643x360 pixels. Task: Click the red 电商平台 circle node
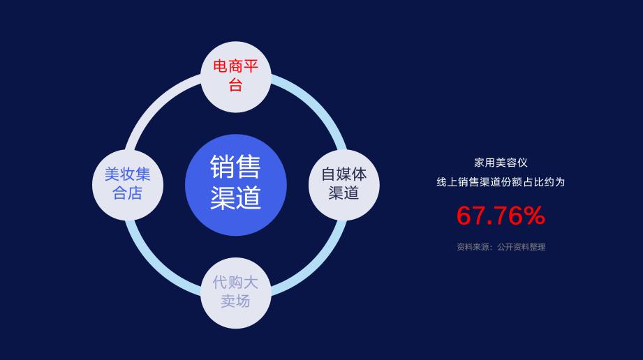tap(235, 77)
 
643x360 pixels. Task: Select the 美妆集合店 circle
tap(128, 183)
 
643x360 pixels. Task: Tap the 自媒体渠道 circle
tap(344, 183)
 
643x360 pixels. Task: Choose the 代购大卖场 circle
tap(235, 292)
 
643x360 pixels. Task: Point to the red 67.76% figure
tap(500, 216)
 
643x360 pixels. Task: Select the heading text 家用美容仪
tap(500, 163)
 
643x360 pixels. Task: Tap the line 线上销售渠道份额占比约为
tap(500, 182)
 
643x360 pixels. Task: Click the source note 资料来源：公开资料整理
tap(500, 247)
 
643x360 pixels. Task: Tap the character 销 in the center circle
tap(223, 167)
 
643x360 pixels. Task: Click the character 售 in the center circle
tap(249, 167)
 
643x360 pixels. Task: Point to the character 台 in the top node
tap(235, 86)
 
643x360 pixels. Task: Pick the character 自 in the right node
tap(328, 174)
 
